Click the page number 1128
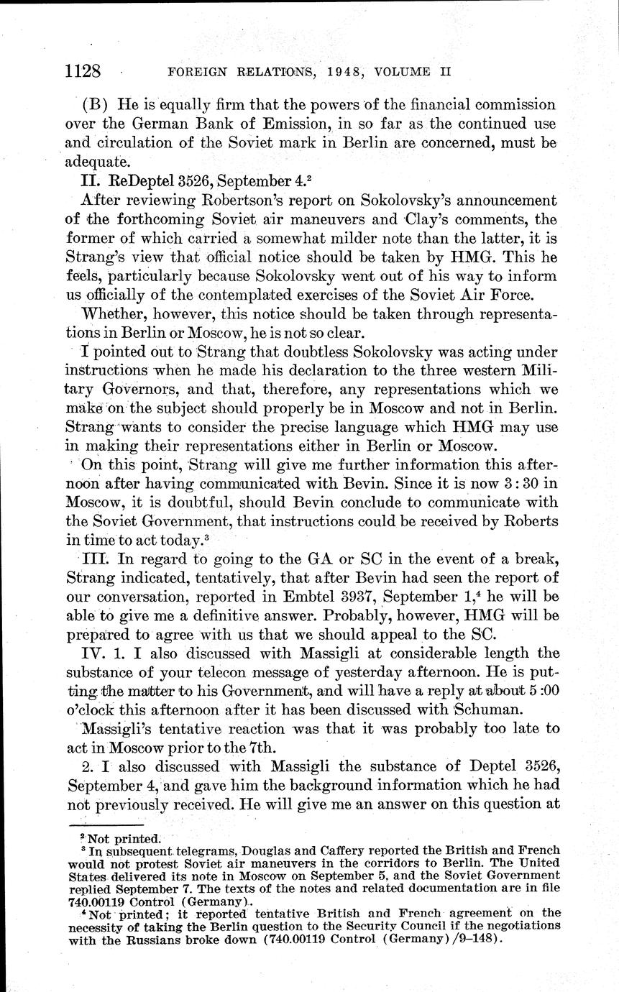tap(85, 71)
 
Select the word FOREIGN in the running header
tap(196, 72)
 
